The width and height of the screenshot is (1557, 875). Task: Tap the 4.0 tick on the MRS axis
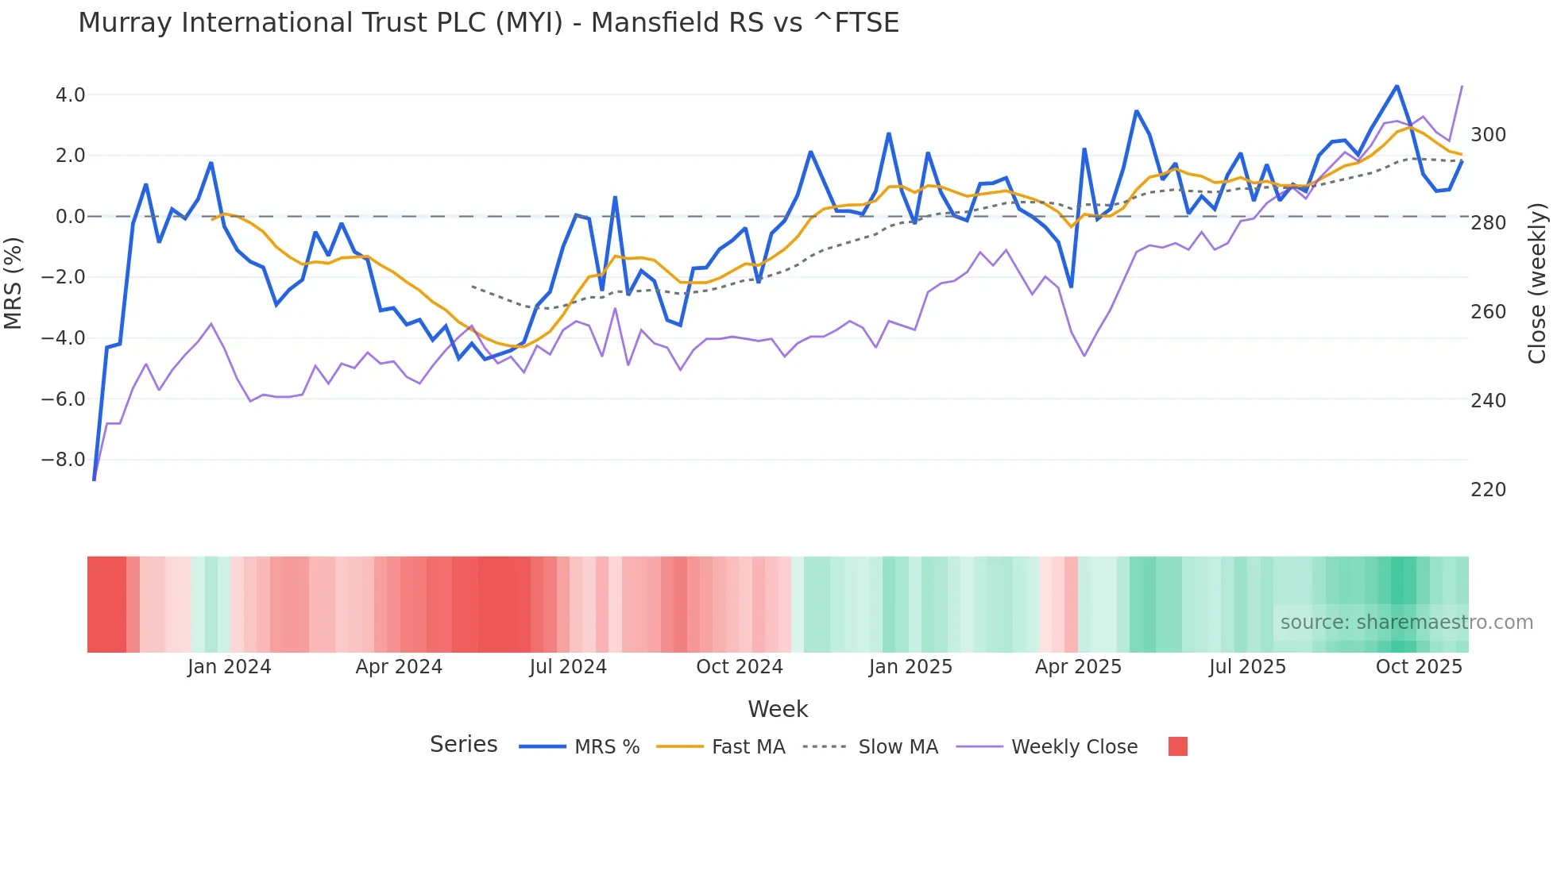[70, 95]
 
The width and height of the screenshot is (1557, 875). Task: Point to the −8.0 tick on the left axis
[63, 460]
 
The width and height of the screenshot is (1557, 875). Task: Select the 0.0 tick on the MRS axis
[70, 217]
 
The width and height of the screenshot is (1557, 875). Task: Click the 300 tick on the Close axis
[1488, 135]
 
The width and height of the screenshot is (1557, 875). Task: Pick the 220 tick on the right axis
[1488, 490]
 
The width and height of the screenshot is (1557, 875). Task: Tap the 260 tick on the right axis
[1488, 312]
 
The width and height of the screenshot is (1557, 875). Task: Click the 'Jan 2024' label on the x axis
[229, 667]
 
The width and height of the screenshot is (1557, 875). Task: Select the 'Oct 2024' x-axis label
[739, 667]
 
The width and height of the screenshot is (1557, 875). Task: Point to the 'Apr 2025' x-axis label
[1078, 667]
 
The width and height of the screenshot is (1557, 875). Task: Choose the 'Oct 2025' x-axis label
[1419, 667]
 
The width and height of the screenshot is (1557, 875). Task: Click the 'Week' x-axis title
[778, 709]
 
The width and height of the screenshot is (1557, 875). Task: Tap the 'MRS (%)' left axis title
[14, 283]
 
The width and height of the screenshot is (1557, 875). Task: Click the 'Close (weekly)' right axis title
[1538, 283]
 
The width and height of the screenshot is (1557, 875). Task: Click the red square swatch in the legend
[1178, 746]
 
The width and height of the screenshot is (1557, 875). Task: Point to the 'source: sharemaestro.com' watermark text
[1406, 623]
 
